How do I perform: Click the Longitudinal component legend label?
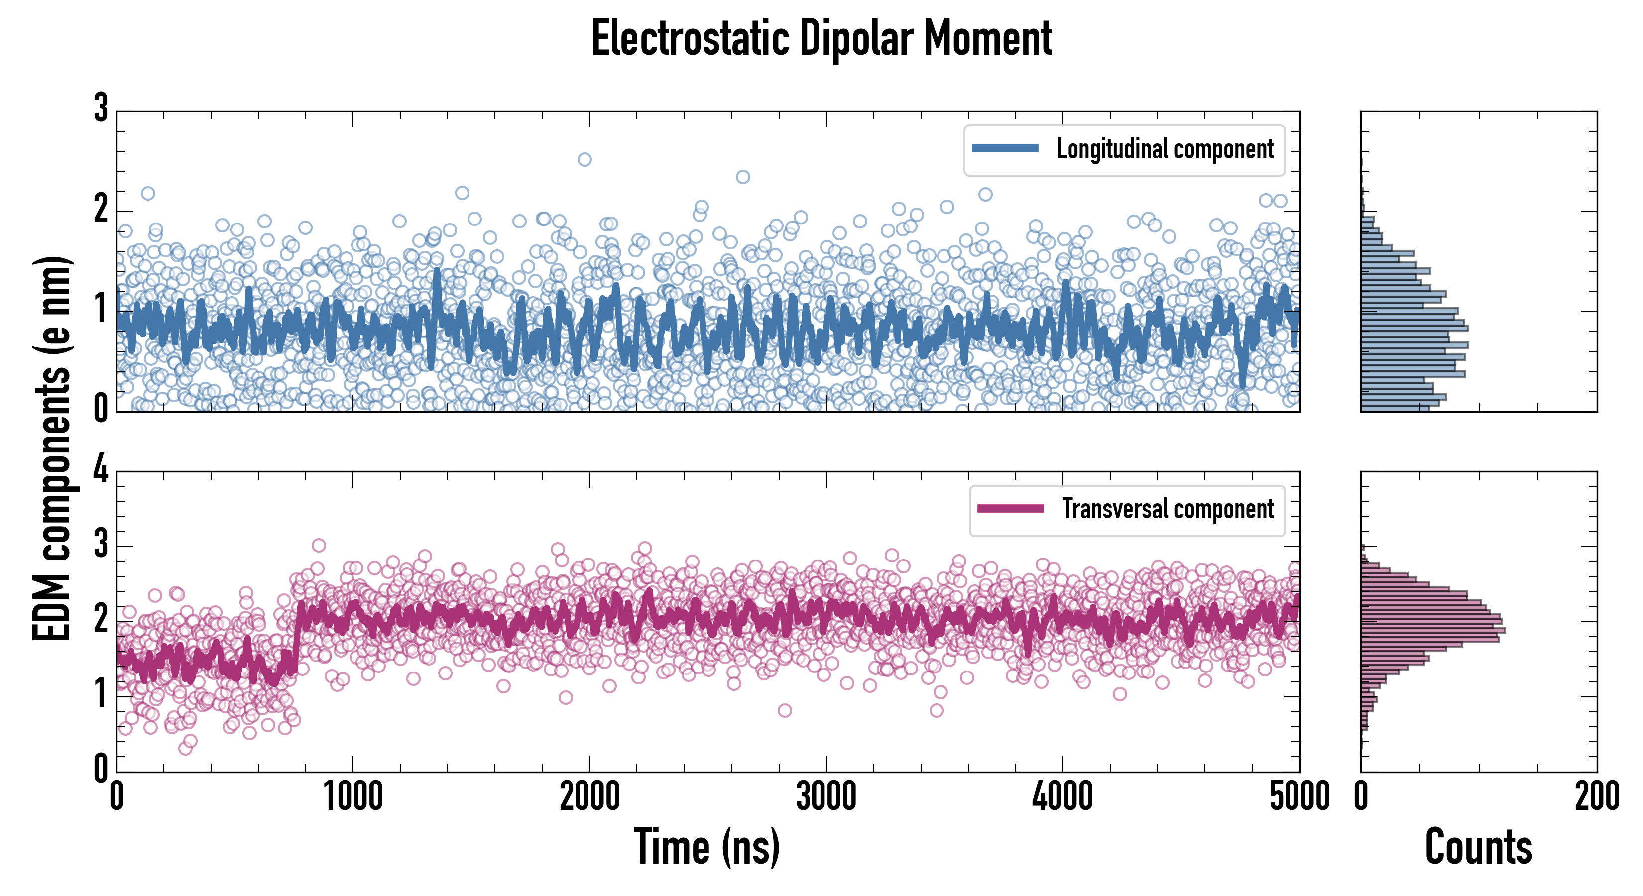tap(1165, 149)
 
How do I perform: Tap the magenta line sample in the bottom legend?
tap(1010, 508)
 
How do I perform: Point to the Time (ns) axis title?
tap(706, 847)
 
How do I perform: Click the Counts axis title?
tap(1478, 847)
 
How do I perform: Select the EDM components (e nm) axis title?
tap(52, 448)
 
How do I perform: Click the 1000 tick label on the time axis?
tap(352, 797)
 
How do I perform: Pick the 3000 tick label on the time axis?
tap(826, 797)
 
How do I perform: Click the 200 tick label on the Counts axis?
tap(1596, 797)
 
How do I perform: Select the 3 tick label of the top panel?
tap(101, 109)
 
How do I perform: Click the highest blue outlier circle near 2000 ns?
tap(584, 159)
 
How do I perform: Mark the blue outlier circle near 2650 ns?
tap(742, 177)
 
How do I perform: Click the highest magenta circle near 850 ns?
tap(319, 545)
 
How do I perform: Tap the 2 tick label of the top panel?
tap(101, 211)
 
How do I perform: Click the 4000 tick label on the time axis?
tap(1062, 797)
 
